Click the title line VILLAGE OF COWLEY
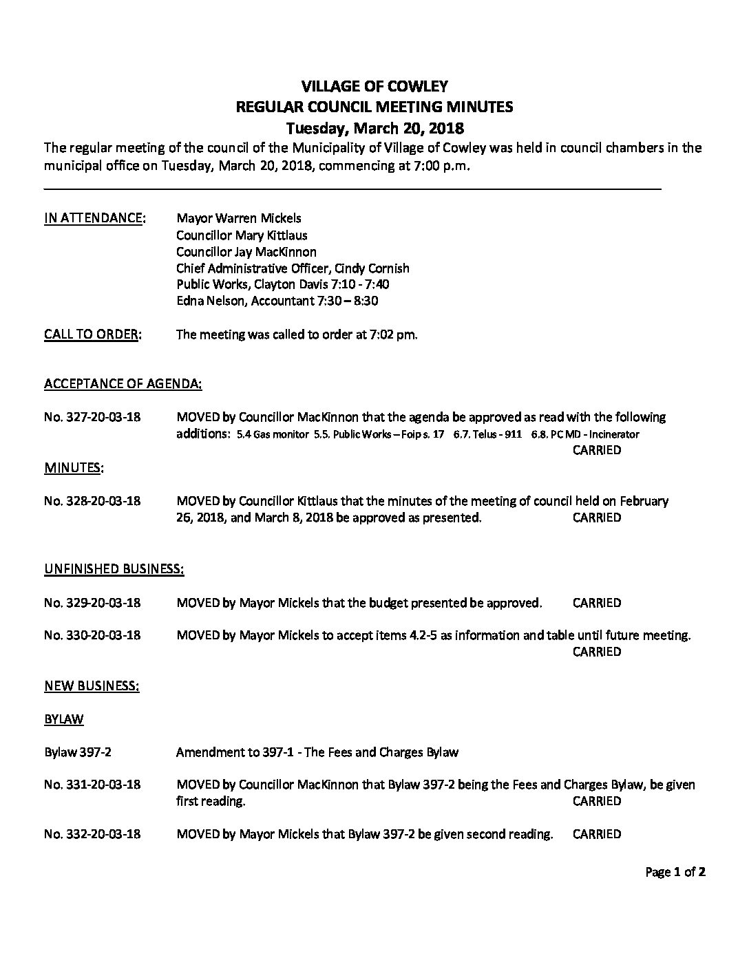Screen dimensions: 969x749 (x=374, y=86)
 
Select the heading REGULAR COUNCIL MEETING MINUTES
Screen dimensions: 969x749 (x=374, y=107)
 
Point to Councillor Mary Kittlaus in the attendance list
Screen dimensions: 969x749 (x=242, y=235)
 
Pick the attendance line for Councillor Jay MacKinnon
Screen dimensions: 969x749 (x=246, y=252)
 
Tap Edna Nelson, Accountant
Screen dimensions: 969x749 (x=247, y=301)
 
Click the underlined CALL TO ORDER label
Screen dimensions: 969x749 (x=93, y=335)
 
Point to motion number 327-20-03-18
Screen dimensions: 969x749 (x=92, y=417)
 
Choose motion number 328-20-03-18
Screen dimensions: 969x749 (x=92, y=501)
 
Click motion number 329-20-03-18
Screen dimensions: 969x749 (x=92, y=603)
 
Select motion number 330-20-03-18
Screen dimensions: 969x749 (x=92, y=635)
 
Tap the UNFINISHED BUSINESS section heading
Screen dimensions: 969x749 (x=114, y=569)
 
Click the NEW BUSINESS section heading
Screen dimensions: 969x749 (x=92, y=686)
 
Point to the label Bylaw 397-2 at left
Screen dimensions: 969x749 (x=78, y=752)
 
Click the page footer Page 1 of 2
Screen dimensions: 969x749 (x=675, y=873)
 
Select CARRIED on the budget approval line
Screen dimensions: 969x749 (x=596, y=603)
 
